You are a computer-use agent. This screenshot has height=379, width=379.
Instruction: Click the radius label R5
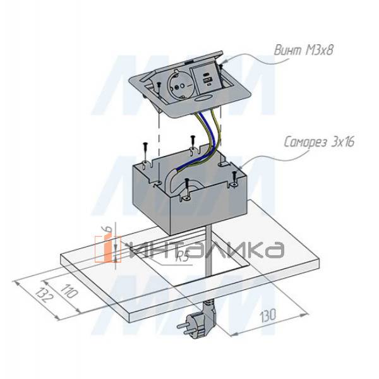[182, 256]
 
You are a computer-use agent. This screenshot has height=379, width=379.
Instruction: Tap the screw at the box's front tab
[187, 183]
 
